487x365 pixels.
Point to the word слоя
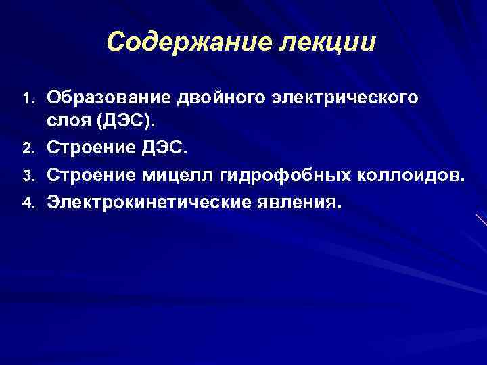[x=67, y=121]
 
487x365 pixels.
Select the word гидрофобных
[x=274, y=176]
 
